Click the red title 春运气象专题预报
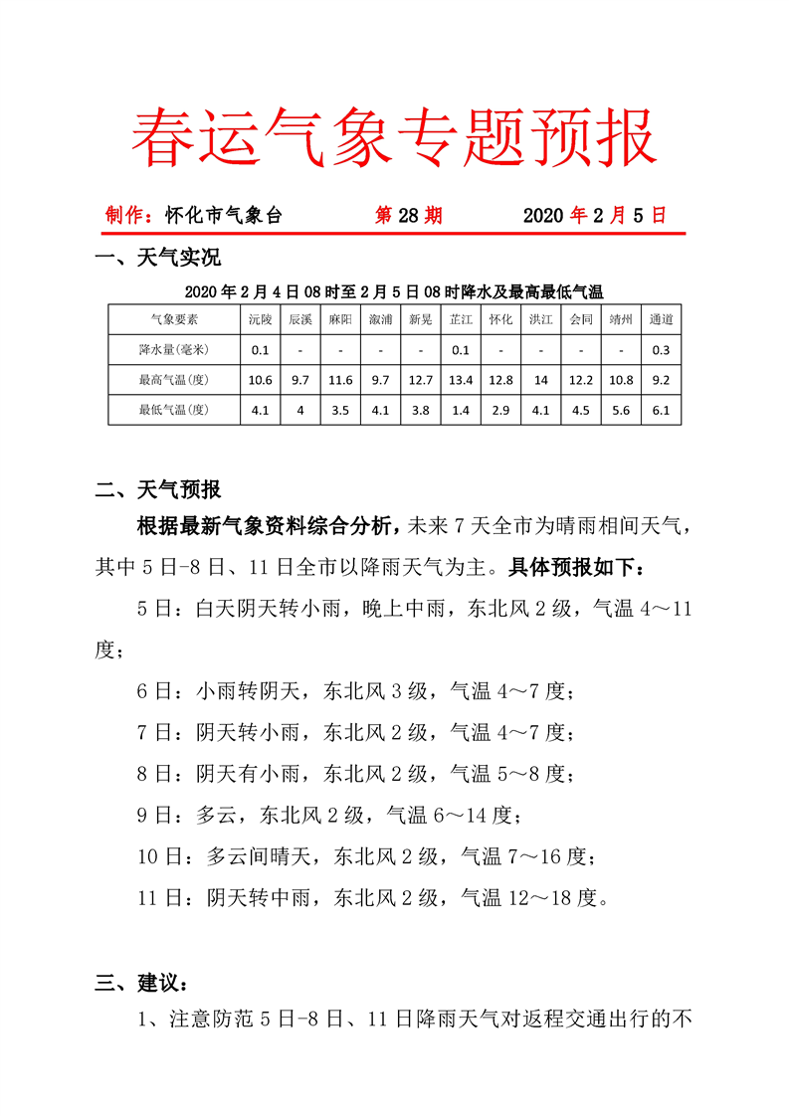tap(394, 136)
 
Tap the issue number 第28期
tap(408, 215)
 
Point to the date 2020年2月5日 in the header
tap(594, 215)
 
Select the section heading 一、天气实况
tap(157, 260)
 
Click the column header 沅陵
tap(260, 319)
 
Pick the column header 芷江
tap(461, 319)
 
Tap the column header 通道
tap(661, 319)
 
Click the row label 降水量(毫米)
tap(174, 349)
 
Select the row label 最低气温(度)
tap(174, 409)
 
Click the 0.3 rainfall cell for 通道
tap(661, 349)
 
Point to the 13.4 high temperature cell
tap(461, 379)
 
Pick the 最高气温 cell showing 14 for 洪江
tap(540, 379)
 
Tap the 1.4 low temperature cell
tap(461, 409)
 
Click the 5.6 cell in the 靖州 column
tap(621, 409)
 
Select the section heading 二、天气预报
tap(157, 489)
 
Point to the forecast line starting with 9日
tap(328, 816)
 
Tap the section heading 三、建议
tap(141, 983)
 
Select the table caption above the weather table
tap(394, 291)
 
